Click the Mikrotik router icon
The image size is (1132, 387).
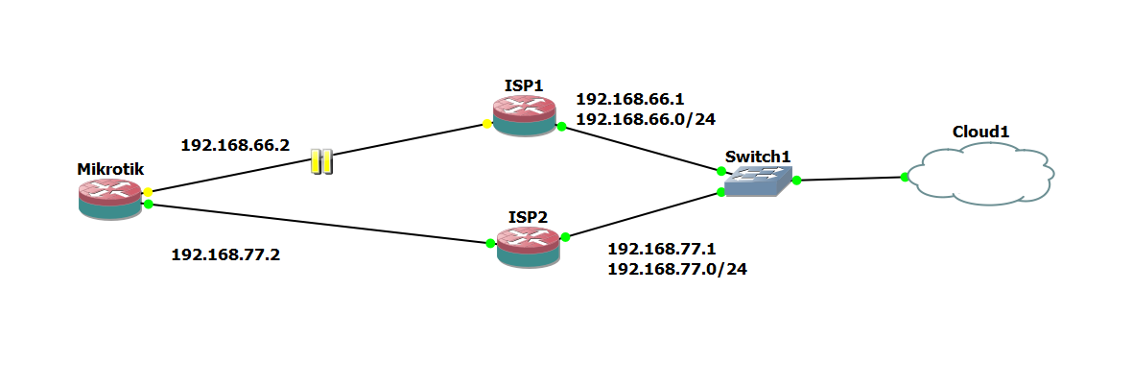point(110,199)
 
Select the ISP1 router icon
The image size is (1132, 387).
point(524,116)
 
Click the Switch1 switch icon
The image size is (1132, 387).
point(758,181)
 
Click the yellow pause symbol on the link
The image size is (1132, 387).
point(322,161)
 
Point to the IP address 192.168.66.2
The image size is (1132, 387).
point(235,145)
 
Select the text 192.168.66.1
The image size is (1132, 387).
point(629,99)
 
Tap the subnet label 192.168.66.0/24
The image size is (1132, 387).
point(646,119)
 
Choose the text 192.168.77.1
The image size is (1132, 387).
point(662,249)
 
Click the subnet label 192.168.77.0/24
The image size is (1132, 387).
point(677,269)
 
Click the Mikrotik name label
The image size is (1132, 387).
point(110,169)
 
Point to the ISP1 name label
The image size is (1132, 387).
point(524,85)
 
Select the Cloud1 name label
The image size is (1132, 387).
point(980,132)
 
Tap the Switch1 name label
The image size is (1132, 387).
point(758,157)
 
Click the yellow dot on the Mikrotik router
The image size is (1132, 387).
point(148,192)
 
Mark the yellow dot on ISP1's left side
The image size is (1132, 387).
point(487,124)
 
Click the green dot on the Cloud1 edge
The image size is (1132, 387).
point(904,177)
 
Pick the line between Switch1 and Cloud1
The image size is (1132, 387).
point(850,179)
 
